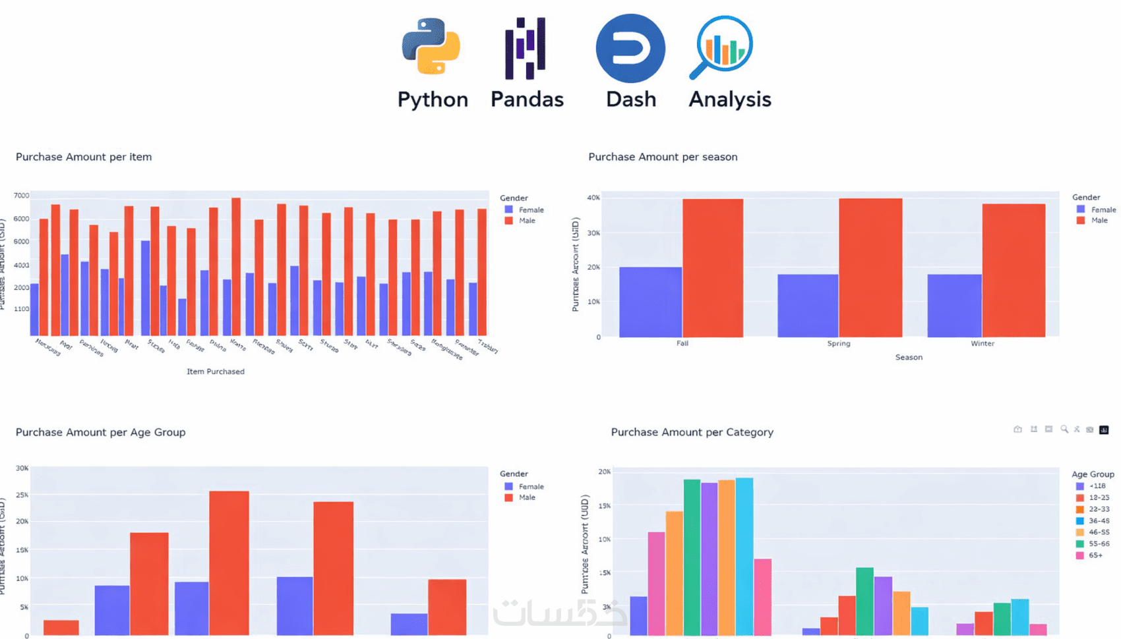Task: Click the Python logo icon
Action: [x=431, y=47]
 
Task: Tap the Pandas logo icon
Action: [x=526, y=48]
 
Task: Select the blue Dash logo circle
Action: [x=630, y=48]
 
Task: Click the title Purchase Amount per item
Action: [x=84, y=157]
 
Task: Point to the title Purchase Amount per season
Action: [x=663, y=157]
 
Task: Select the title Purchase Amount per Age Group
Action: [x=100, y=432]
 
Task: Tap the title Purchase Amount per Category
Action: [x=692, y=432]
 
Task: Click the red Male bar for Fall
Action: [x=713, y=267]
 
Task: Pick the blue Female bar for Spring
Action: [x=808, y=306]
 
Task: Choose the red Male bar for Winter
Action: [x=1014, y=270]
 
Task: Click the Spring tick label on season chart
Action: [x=839, y=343]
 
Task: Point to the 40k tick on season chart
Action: [x=593, y=198]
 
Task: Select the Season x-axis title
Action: [x=909, y=357]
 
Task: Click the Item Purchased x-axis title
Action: [x=216, y=372]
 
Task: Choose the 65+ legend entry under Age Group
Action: [x=1095, y=555]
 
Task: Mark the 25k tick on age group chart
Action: [x=22, y=495]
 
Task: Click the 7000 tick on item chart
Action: [x=21, y=196]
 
